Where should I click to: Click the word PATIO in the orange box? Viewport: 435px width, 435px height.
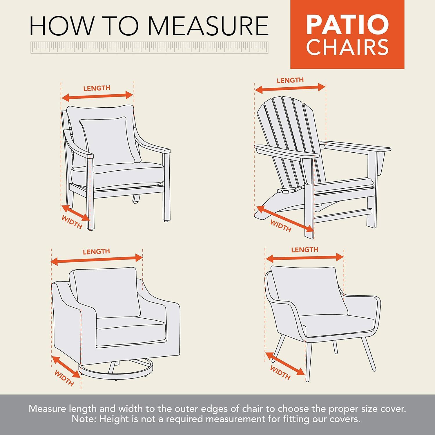coord(347,25)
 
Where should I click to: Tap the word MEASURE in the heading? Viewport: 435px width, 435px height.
coord(209,26)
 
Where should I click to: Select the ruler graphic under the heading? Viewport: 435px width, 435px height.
coord(149,48)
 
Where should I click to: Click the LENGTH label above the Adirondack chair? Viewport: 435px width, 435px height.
coord(290,80)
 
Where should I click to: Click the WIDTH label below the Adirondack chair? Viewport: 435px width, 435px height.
coord(280,226)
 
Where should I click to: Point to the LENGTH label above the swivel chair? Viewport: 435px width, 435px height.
coord(96,251)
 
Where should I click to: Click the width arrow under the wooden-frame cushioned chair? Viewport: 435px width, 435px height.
coord(76,213)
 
